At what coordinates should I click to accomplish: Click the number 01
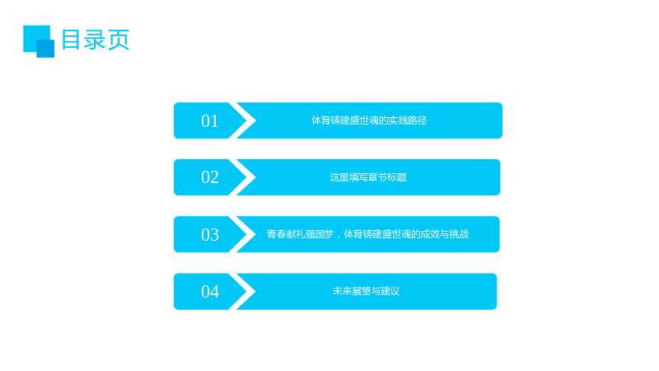210,121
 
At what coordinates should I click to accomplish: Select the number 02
210,177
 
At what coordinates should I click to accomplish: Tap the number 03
210,235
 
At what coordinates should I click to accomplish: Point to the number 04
210,292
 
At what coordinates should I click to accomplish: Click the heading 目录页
96,40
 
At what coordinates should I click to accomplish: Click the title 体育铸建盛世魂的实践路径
369,120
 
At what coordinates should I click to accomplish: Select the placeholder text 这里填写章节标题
368,177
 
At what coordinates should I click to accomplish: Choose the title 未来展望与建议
366,291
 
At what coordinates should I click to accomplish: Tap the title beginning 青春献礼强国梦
367,234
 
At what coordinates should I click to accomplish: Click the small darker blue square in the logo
45,49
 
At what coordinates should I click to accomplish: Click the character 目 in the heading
71,40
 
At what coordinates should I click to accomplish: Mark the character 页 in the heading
119,40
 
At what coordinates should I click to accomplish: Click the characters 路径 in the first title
418,120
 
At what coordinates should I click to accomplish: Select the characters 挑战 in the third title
459,234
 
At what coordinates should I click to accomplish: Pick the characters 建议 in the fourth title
390,291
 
